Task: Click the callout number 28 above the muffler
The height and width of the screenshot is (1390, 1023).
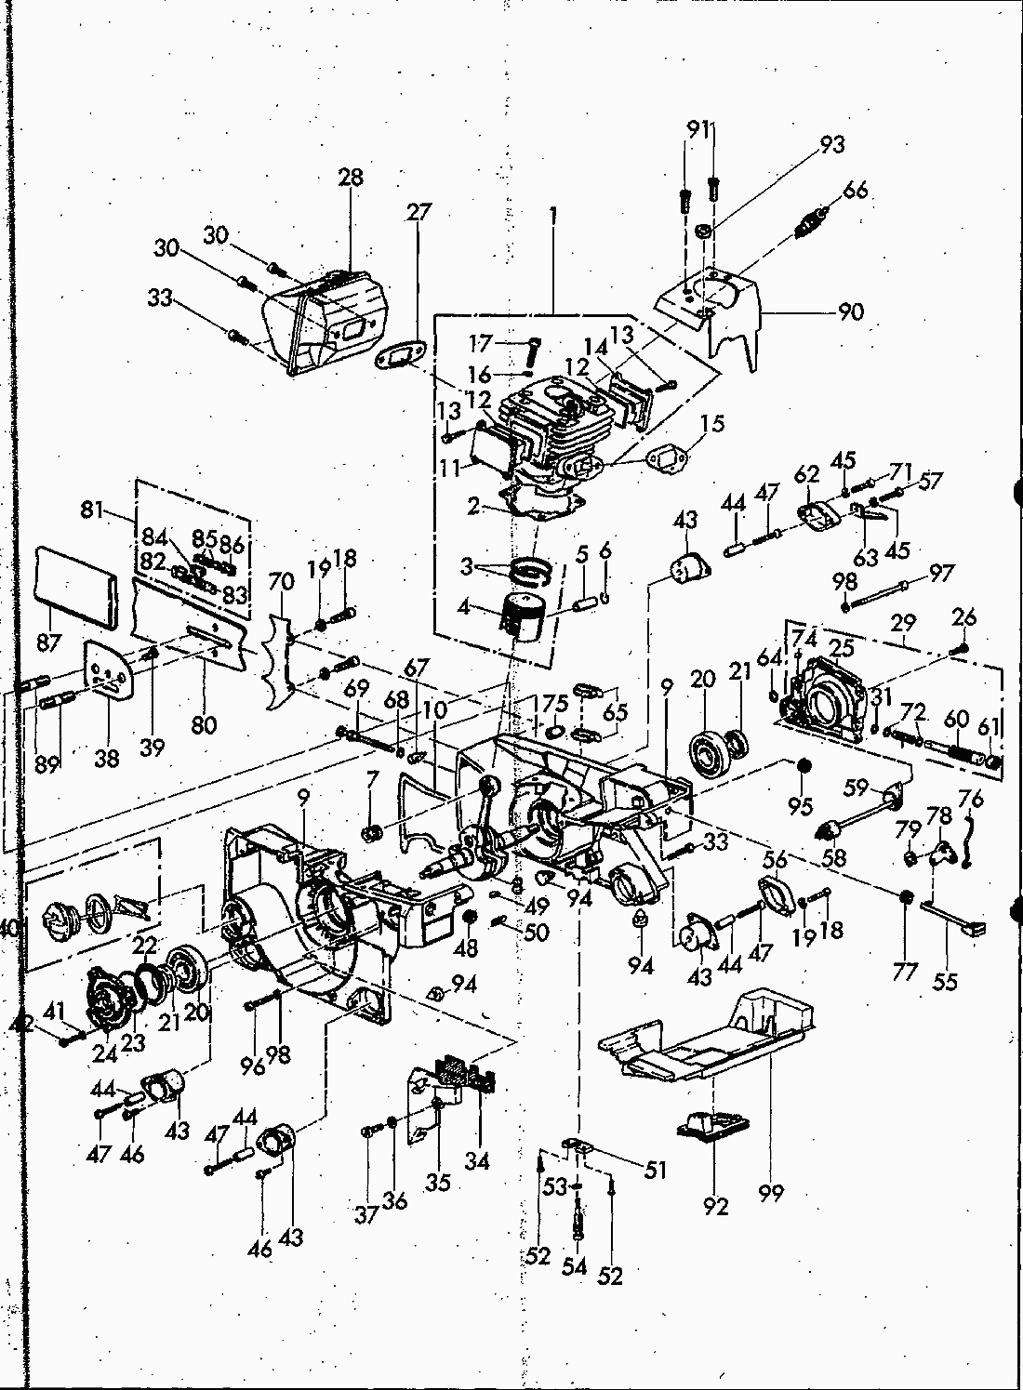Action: click(351, 178)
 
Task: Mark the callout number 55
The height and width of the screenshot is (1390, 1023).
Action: click(945, 982)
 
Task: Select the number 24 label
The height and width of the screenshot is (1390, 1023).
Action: click(104, 1053)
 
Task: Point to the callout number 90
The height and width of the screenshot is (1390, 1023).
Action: click(850, 311)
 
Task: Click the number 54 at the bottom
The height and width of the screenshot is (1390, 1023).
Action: click(576, 1265)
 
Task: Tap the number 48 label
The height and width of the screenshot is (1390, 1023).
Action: click(465, 948)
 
